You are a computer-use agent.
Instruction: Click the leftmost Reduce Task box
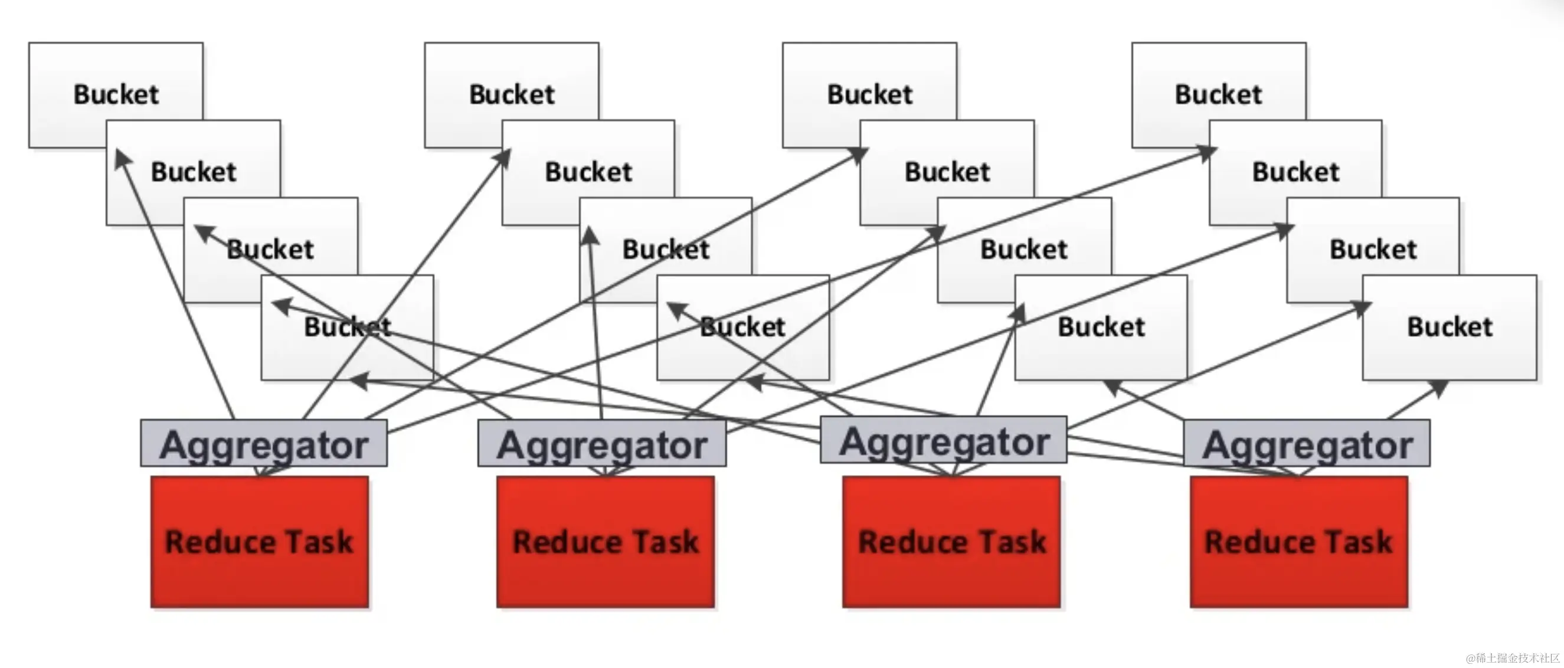259,542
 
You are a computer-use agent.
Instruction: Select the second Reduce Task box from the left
606,542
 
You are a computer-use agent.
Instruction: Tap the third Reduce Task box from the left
951,542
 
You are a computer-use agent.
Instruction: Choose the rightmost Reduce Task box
1298,542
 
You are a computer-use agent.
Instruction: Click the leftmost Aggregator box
263,444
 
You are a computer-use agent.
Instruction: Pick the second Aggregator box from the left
601,444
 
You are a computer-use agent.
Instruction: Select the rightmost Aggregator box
1307,444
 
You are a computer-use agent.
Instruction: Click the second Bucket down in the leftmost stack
193,172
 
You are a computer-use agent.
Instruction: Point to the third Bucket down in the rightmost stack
1373,249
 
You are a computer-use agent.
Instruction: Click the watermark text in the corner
1513,658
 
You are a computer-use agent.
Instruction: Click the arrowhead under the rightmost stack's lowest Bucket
1439,387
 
